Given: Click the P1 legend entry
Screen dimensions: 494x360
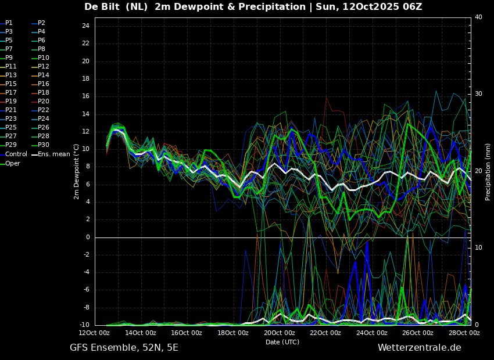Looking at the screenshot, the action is coord(6,23).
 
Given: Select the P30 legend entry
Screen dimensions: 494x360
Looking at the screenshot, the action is coord(40,145).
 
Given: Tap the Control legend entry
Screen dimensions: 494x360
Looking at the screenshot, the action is coord(14,154).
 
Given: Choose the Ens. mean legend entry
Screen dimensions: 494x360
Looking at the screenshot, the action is coord(51,154).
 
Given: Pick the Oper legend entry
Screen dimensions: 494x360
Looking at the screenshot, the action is coord(10,163).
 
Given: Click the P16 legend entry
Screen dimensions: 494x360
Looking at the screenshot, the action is coord(40,84).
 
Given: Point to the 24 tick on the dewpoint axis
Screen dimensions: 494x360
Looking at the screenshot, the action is coord(85,26).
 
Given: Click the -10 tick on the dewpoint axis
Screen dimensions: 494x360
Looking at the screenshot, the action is coord(84,325).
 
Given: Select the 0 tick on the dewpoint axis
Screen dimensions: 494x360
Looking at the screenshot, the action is coord(88,237).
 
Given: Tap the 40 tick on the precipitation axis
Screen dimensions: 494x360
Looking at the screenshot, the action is coord(478,17).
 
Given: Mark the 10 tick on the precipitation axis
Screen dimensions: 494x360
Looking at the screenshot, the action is coord(478,248).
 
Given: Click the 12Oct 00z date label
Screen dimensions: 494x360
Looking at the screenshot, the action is coord(95,333).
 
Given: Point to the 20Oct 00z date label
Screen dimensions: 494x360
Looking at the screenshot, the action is coord(280,333).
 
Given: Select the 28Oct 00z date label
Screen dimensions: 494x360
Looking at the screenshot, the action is coord(464,333).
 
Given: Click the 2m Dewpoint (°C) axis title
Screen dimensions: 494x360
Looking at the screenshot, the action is coord(76,172).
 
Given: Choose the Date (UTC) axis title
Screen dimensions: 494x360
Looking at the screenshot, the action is coord(282,342).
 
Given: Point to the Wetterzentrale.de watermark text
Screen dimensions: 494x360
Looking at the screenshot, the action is coord(420,348).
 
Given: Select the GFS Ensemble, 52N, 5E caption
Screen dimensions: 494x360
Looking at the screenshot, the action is coord(124,348).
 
